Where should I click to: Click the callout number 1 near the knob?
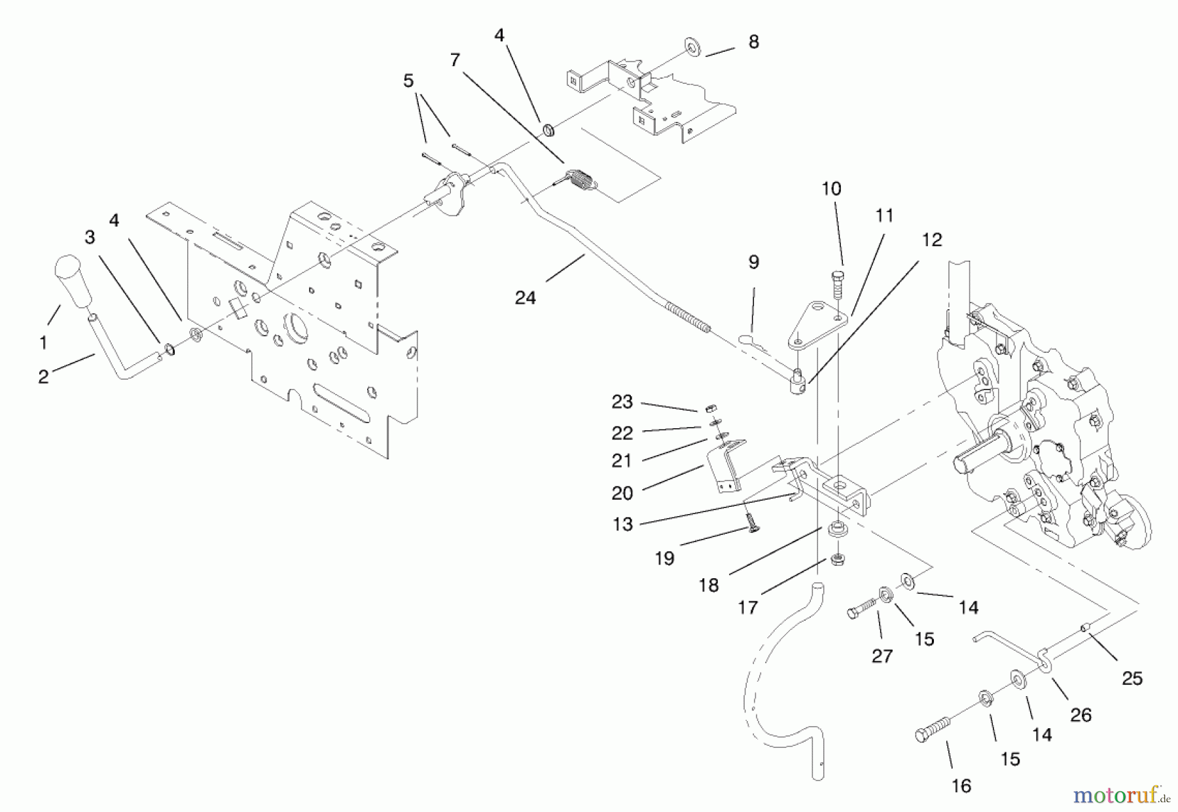(43, 342)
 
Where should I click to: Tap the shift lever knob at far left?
(71, 280)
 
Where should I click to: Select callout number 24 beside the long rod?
(526, 298)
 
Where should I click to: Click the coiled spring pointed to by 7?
(581, 180)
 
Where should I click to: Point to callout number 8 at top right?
(753, 42)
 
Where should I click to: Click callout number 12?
(931, 240)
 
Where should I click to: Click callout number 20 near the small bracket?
(622, 492)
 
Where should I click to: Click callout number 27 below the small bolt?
(882, 655)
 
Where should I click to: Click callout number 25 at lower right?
(1132, 678)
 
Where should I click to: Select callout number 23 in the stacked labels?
(622, 401)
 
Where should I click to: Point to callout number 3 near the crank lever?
(90, 236)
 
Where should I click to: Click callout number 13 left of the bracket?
(622, 524)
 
